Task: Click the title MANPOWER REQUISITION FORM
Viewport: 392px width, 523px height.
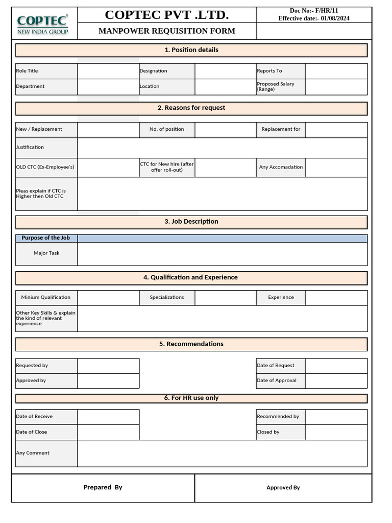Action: [x=167, y=31]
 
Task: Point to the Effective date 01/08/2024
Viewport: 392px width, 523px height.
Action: [x=314, y=18]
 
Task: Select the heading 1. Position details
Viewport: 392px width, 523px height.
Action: [x=191, y=50]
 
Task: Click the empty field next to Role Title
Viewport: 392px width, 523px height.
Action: [x=108, y=71]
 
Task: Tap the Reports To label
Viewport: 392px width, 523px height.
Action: [x=269, y=71]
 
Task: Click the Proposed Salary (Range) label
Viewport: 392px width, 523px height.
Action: [x=276, y=86]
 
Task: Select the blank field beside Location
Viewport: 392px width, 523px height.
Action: [x=225, y=86]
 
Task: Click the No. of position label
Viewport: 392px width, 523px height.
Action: [x=167, y=129]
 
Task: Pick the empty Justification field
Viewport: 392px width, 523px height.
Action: [x=222, y=148]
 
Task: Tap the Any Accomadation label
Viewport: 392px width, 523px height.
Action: [x=281, y=167]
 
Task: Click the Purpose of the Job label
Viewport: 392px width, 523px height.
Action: [x=46, y=238]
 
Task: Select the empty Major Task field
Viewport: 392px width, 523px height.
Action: [x=222, y=253]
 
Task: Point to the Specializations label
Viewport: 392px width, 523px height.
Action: [x=167, y=297]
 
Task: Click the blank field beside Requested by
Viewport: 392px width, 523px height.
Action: [x=108, y=366]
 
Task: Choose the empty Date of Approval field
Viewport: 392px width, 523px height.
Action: [x=336, y=381]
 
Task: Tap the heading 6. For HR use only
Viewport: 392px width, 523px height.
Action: [x=191, y=398]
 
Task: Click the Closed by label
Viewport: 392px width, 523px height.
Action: [x=268, y=432]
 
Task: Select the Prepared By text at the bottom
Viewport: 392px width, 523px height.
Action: [x=103, y=487]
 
